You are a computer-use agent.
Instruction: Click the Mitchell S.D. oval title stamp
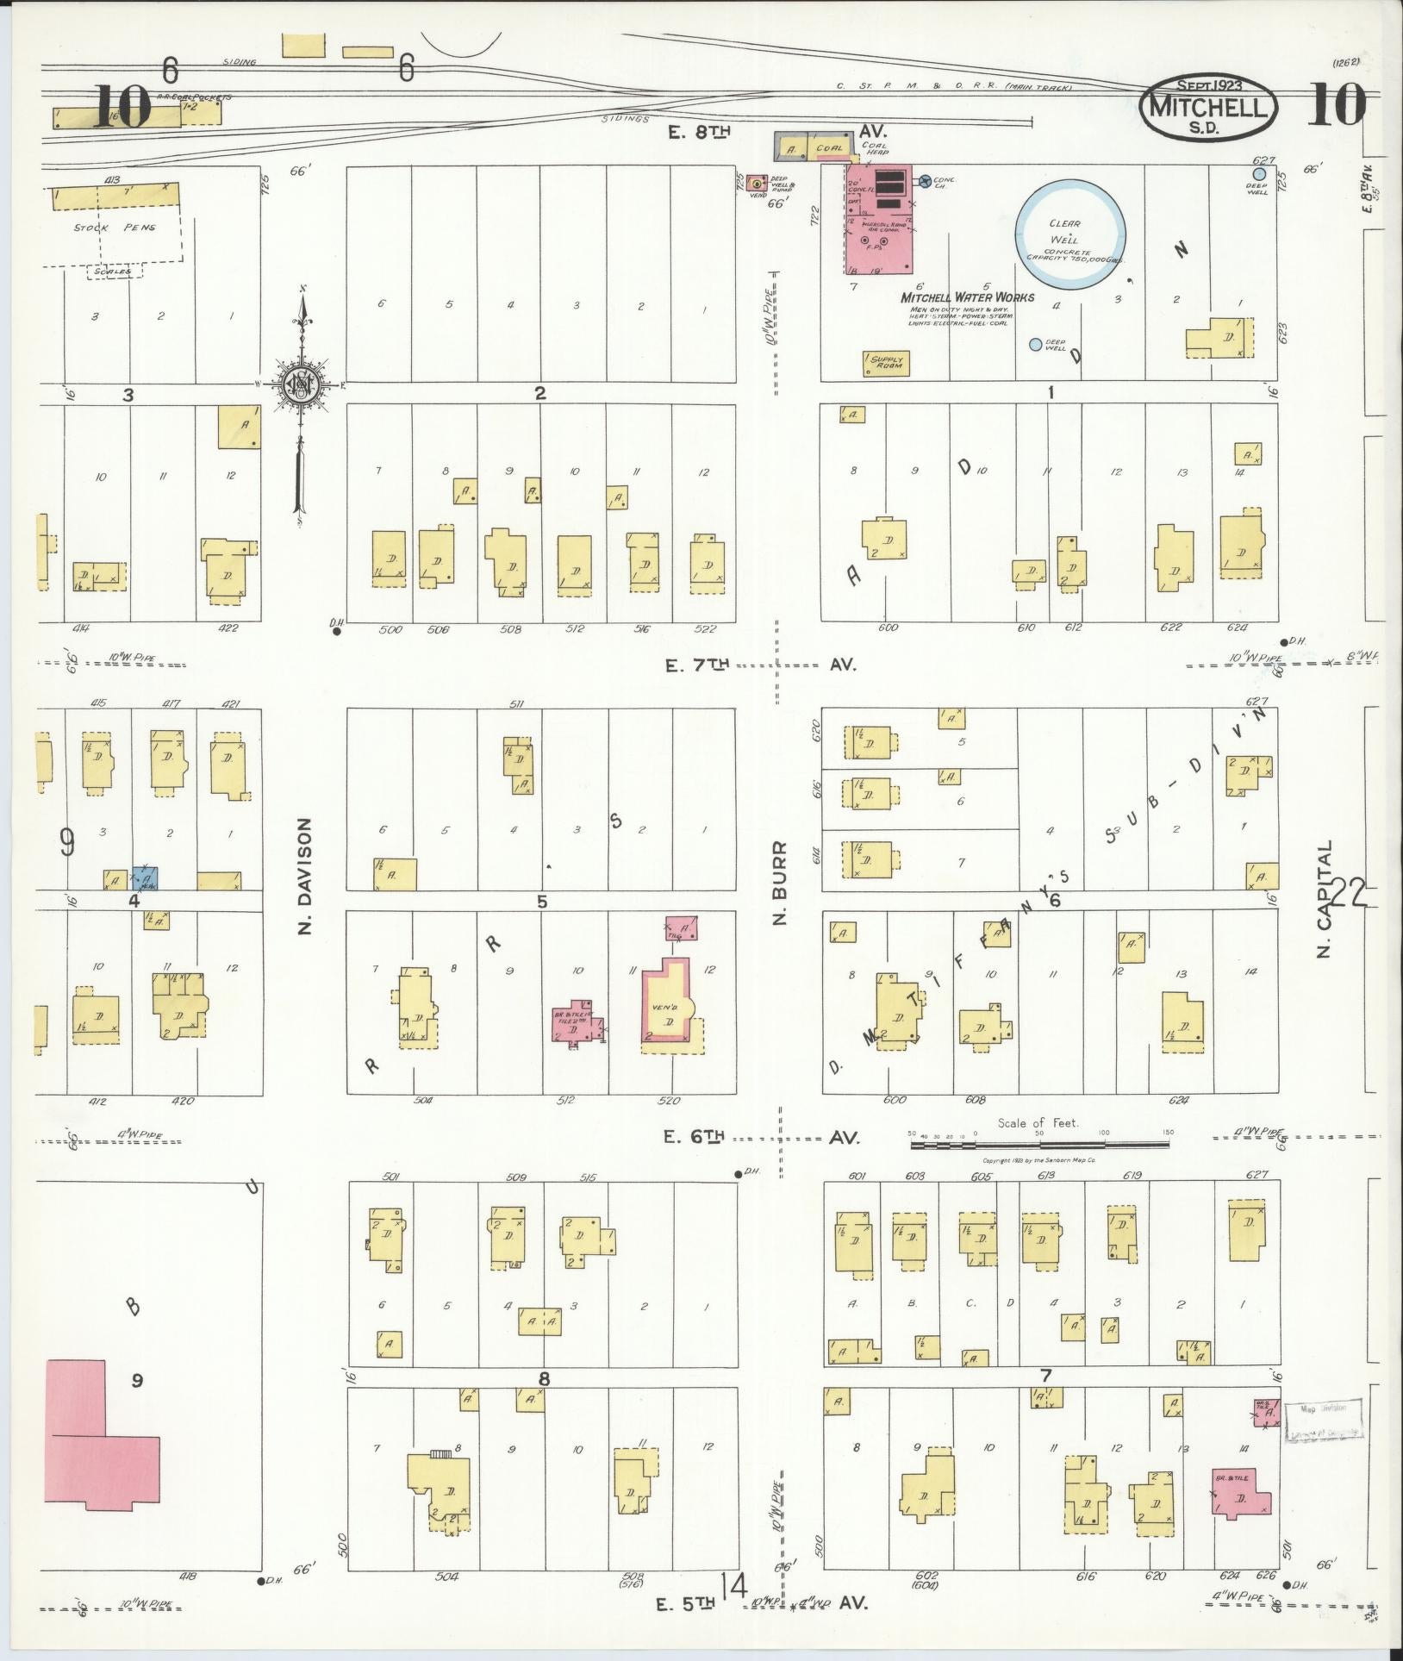(x=1209, y=107)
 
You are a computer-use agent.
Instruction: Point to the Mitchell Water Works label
(x=967, y=297)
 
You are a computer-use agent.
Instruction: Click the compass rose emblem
(x=302, y=384)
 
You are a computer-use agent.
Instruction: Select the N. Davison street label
(x=307, y=877)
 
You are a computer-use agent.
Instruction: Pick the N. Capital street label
(x=1325, y=899)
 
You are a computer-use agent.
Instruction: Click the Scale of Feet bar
(x=1040, y=1144)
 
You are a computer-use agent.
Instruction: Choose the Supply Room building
(x=888, y=364)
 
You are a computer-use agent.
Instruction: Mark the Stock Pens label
(x=113, y=228)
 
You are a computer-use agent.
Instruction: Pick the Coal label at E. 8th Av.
(x=829, y=148)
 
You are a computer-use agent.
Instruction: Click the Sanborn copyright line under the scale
(x=1038, y=1160)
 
